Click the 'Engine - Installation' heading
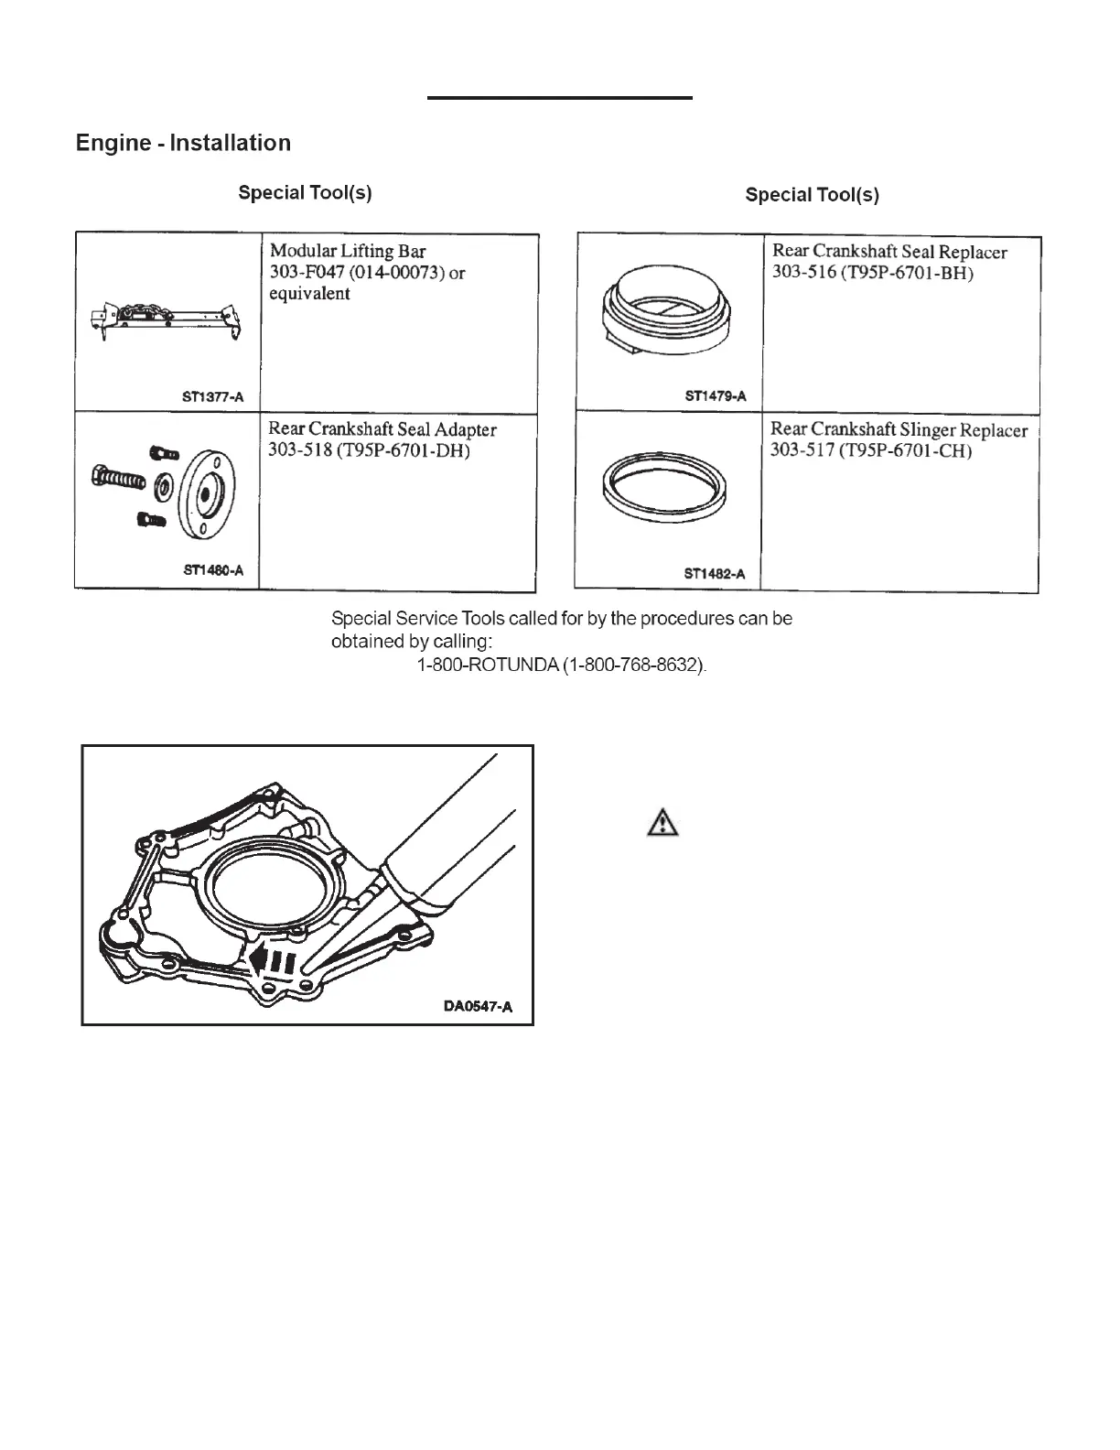[x=183, y=144]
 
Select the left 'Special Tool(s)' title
[x=305, y=193]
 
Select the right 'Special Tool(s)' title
[x=812, y=195]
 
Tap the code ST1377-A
[x=212, y=397]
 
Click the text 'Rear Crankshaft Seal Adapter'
[x=382, y=429]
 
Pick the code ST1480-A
[x=212, y=570]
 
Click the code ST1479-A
[x=715, y=396]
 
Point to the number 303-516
[x=803, y=274]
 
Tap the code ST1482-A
[x=714, y=574]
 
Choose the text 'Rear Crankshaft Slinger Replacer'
[x=899, y=430]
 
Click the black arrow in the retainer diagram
[x=273, y=962]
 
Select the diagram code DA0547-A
[x=477, y=1007]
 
